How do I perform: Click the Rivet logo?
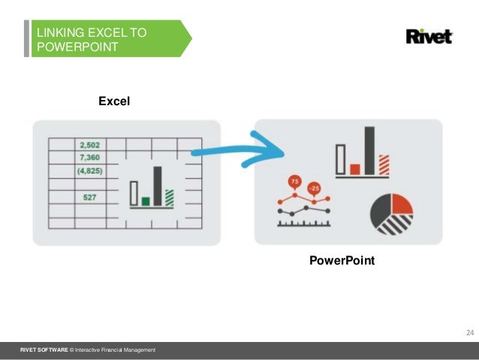(x=429, y=36)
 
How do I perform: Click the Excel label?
(x=114, y=100)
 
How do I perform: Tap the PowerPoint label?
(x=342, y=262)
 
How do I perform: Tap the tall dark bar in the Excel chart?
(x=158, y=186)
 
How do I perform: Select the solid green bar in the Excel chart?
(x=146, y=201)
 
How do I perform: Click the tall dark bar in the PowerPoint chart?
(x=369, y=150)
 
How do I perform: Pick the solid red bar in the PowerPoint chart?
(x=355, y=168)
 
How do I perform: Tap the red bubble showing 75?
(x=294, y=183)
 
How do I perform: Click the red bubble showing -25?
(x=313, y=188)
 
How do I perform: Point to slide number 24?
(x=470, y=333)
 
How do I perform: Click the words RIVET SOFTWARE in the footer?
(x=43, y=351)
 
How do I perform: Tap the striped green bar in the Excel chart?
(x=169, y=197)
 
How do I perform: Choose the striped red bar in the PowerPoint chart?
(x=384, y=164)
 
